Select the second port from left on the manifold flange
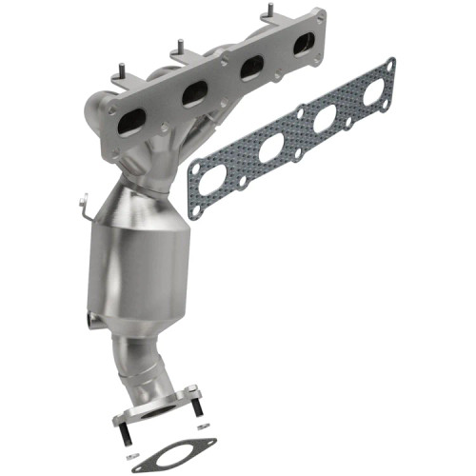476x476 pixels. (x=194, y=93)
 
